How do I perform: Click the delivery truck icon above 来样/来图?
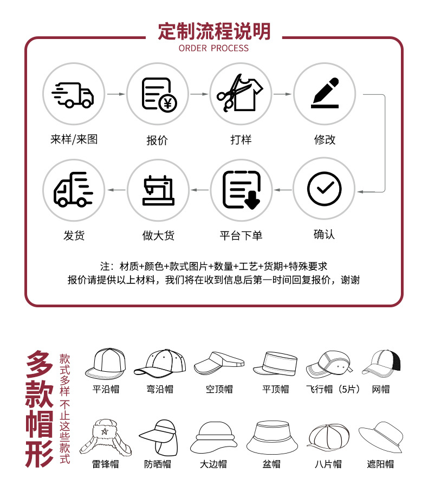point(73,94)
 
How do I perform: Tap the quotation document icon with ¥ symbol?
point(157,94)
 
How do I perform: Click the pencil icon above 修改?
point(325,93)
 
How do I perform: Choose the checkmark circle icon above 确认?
point(325,189)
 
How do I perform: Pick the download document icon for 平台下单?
point(241,189)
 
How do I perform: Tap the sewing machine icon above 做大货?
point(158,190)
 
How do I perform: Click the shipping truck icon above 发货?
point(73,189)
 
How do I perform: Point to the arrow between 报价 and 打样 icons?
point(199,94)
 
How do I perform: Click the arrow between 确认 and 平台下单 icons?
point(282,190)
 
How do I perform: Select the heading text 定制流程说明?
point(214,31)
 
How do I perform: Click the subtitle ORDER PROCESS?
point(214,48)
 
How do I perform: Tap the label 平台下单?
point(241,235)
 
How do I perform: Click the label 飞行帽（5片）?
point(333,389)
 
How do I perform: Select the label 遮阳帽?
point(380,464)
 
